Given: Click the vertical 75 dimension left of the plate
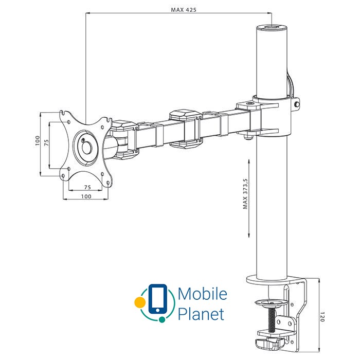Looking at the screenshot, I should pyautogui.click(x=46, y=142).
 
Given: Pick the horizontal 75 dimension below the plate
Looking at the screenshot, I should pyautogui.click(x=87, y=188).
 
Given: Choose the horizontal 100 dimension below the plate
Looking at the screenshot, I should pyautogui.click(x=86, y=196).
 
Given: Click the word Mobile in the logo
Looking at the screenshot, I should pyautogui.click(x=202, y=294).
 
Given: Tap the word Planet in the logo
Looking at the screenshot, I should pyautogui.click(x=201, y=313).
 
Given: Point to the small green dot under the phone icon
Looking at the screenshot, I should pyautogui.click(x=163, y=319).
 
